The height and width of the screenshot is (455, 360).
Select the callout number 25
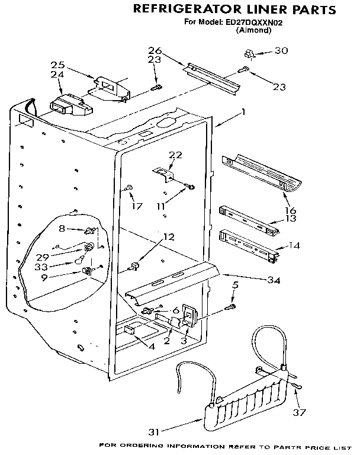(x=57, y=65)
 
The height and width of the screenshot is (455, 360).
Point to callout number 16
(x=290, y=210)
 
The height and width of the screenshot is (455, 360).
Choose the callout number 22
(x=175, y=155)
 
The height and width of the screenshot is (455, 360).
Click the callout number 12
(x=169, y=236)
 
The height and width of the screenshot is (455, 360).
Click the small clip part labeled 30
(x=249, y=55)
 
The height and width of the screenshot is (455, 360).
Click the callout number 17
(x=137, y=207)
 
